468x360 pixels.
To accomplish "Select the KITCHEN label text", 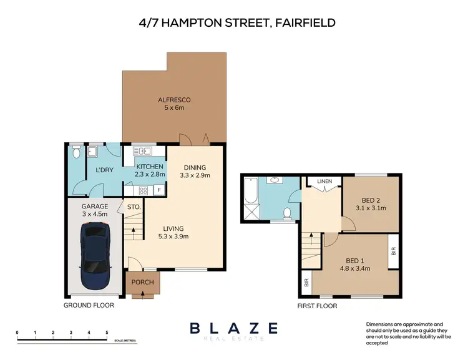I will coord(150,167).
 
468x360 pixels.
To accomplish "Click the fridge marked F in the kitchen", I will coord(160,190).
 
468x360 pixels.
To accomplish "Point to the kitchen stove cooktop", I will coord(143,190).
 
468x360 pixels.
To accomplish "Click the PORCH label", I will coord(142,282).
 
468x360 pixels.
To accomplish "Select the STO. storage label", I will coord(134,207).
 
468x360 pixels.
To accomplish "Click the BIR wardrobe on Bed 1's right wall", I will coord(393,251).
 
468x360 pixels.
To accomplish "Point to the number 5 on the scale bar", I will coord(107,332).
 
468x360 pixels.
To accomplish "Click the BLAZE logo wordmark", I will coord(233,328).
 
